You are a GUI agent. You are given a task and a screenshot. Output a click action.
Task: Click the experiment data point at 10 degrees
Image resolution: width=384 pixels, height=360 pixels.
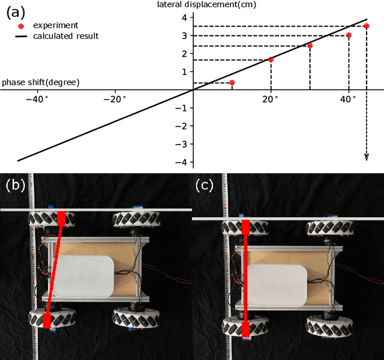pos(232,82)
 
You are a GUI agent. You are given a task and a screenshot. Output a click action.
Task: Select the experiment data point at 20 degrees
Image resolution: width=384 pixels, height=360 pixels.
pos(271,59)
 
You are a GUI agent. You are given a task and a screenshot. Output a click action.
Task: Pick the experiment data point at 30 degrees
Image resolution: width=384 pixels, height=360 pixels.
pos(310,46)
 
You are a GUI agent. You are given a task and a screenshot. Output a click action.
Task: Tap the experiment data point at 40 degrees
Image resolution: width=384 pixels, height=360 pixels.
pos(349,35)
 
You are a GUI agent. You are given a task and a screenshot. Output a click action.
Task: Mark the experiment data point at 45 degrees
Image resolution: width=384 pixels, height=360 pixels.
pos(367,26)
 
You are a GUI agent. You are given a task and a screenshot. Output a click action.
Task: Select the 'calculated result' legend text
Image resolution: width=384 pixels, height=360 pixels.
pos(66,36)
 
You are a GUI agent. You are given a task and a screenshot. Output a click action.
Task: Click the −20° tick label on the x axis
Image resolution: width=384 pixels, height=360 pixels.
pos(116,100)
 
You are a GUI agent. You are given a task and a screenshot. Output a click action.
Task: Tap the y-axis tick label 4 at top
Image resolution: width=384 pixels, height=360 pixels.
pos(184,17)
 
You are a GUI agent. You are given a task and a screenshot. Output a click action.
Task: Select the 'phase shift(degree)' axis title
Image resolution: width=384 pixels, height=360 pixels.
pos(41,82)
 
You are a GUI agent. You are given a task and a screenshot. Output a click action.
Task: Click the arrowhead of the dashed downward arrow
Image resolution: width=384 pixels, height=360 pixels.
pos(367,157)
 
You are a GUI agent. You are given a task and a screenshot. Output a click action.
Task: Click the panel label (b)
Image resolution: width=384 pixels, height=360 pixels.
pos(15,185)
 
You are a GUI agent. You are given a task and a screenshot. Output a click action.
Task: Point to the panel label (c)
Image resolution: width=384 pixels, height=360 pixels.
pos(205,185)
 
